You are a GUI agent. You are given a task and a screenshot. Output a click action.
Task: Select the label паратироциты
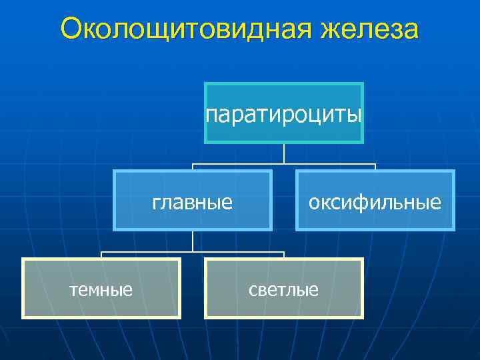click(x=284, y=115)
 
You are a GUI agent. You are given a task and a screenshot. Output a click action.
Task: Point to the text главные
click(x=193, y=201)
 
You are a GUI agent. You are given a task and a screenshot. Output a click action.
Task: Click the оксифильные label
click(x=375, y=201)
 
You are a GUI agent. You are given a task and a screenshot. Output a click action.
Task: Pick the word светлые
click(x=283, y=289)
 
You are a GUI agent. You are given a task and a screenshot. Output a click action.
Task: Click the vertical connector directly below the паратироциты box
click(x=284, y=154)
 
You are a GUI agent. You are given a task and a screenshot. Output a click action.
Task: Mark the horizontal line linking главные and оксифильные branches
click(x=284, y=164)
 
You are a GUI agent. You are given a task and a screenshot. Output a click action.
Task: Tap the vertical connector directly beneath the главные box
click(x=193, y=241)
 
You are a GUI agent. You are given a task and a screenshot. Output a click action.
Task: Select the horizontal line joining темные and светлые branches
click(x=193, y=252)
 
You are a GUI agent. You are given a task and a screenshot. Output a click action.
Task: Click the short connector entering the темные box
click(x=102, y=255)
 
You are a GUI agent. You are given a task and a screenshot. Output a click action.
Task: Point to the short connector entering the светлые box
click(x=284, y=255)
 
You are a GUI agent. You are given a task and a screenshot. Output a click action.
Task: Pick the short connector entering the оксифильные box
click(x=375, y=167)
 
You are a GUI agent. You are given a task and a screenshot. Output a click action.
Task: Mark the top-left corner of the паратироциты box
click(x=205, y=83)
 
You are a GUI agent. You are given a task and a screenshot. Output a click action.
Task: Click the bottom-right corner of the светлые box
click(x=363, y=317)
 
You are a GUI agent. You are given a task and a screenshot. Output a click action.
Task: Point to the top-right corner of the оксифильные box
click(x=453, y=171)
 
